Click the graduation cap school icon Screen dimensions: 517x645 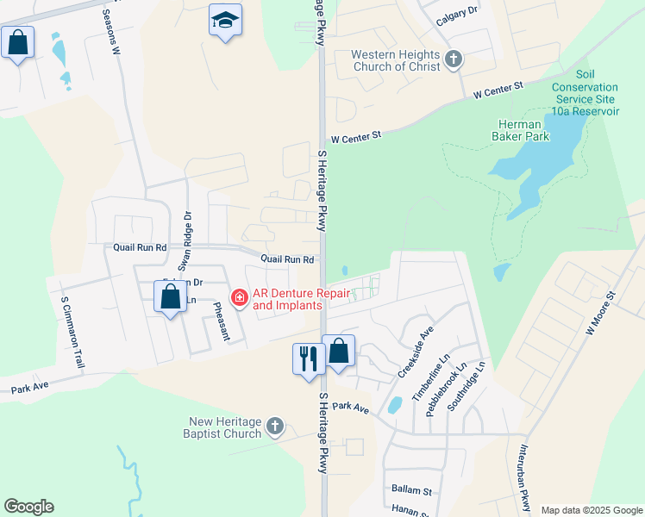[x=225, y=21]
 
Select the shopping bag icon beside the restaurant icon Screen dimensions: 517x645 [x=339, y=352]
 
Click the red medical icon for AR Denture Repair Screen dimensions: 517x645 [x=239, y=298]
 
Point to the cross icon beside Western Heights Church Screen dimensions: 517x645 [x=454, y=60]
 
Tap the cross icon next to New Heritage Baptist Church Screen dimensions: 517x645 [x=274, y=426]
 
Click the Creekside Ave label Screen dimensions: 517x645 [x=415, y=351]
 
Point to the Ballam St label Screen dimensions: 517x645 [x=410, y=490]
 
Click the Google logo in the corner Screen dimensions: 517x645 [x=28, y=507]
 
